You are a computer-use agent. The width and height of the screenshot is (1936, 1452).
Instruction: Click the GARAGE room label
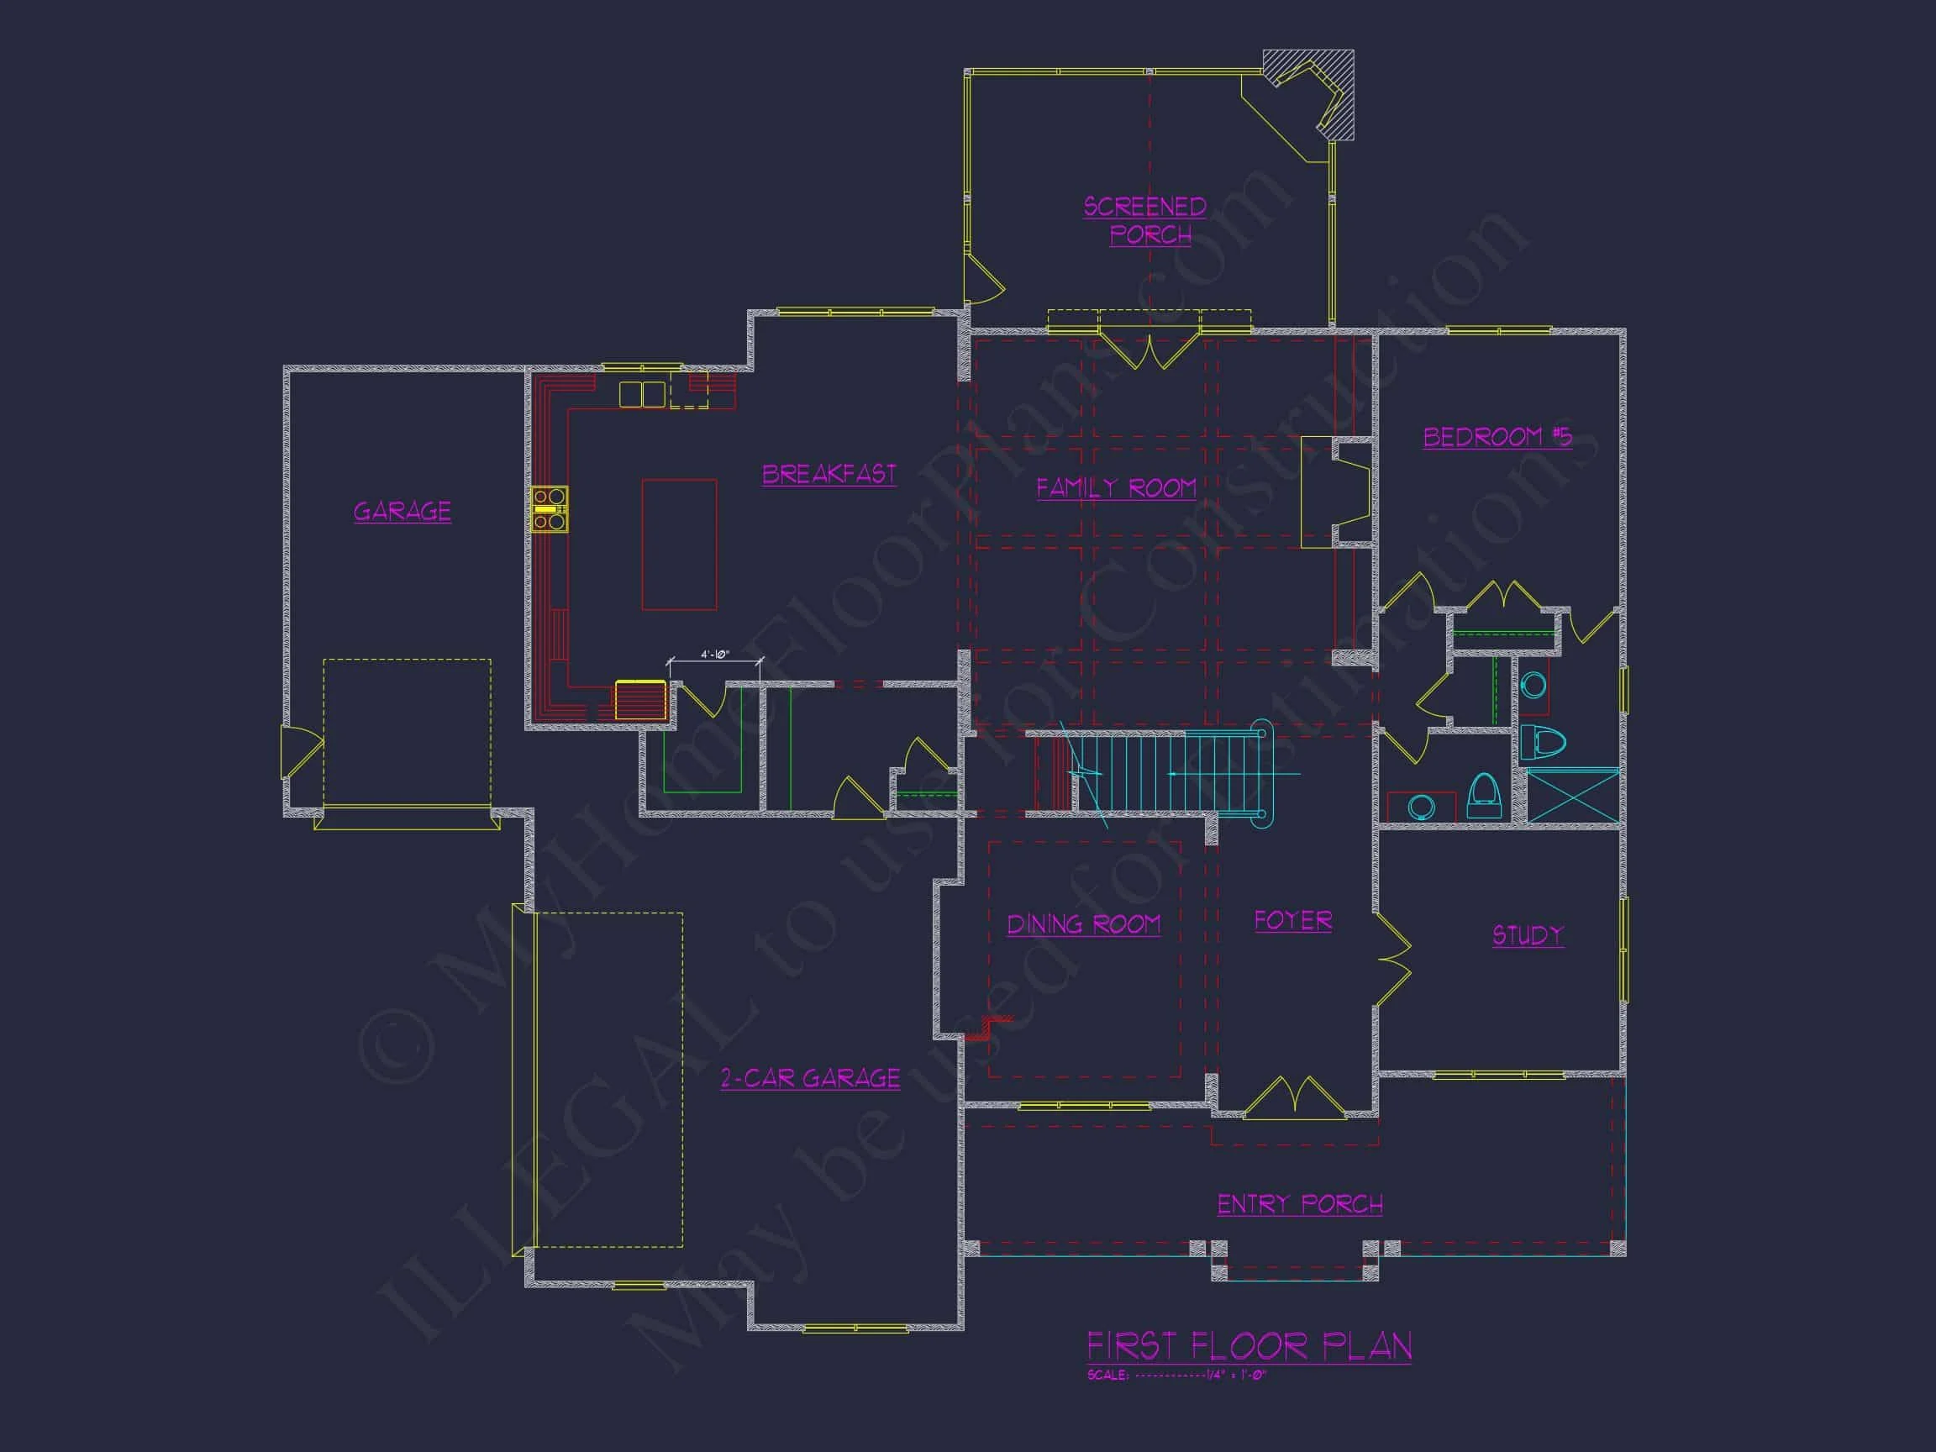[402, 510]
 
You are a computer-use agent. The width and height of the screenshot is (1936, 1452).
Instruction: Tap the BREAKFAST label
[829, 474]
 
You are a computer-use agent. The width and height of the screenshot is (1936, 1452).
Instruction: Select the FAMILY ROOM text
[1116, 487]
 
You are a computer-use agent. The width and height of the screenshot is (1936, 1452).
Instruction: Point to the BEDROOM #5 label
[1497, 436]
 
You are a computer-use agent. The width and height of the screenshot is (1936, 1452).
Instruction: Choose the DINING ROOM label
[1083, 924]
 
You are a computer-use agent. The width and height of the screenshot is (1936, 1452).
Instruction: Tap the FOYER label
[1292, 921]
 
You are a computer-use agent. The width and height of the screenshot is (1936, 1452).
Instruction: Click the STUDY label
[1528, 934]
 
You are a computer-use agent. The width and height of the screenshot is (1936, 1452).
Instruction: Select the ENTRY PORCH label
[1300, 1204]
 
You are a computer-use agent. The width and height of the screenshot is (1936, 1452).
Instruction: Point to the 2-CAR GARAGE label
[809, 1078]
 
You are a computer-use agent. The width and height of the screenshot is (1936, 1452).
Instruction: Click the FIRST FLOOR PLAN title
[1249, 1346]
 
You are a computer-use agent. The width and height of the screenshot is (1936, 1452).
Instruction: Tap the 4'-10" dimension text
[714, 655]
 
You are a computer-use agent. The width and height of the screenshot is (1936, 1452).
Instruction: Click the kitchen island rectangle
[679, 544]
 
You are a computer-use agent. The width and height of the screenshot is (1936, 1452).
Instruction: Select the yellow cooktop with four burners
[550, 508]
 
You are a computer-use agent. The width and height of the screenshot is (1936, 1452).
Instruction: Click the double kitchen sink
[641, 395]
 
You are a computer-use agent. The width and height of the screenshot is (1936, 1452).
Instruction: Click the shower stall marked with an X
[1573, 795]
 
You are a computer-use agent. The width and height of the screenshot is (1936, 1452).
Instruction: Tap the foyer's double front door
[1295, 1100]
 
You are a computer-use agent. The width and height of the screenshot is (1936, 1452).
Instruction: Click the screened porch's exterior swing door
[982, 278]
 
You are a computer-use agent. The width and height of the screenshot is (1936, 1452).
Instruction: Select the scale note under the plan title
[1176, 1375]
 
